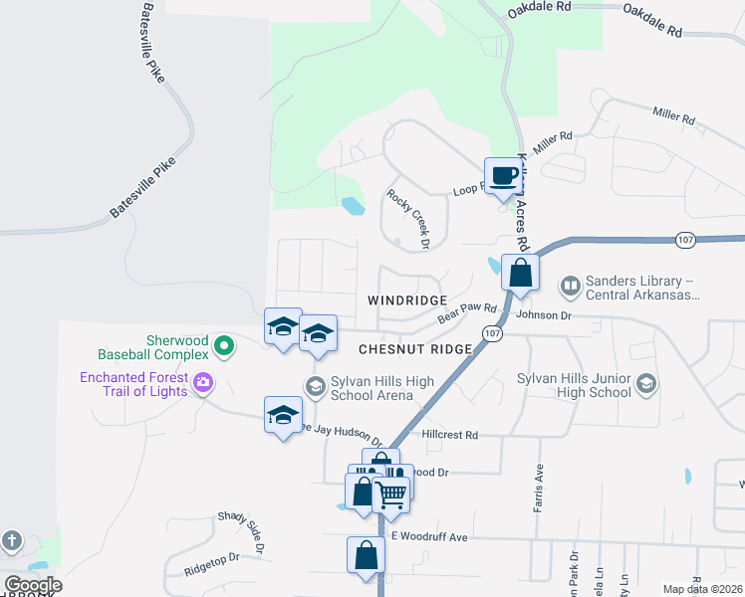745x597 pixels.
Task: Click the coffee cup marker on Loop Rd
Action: tap(503, 176)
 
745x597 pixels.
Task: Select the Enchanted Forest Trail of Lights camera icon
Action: tap(204, 382)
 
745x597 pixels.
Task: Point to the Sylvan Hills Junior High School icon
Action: tap(645, 384)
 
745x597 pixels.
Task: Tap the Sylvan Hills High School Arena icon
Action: tap(316, 387)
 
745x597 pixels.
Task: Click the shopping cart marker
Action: tap(391, 493)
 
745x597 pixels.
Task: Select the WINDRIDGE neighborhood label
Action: tap(407, 299)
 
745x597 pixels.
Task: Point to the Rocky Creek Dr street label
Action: tap(407, 219)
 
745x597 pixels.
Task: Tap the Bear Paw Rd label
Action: tap(467, 313)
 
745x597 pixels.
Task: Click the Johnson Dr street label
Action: tap(544, 315)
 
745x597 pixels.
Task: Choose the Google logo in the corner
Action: tap(33, 585)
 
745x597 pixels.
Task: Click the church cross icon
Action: tap(11, 541)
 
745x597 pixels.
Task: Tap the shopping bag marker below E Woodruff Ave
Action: tap(366, 554)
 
